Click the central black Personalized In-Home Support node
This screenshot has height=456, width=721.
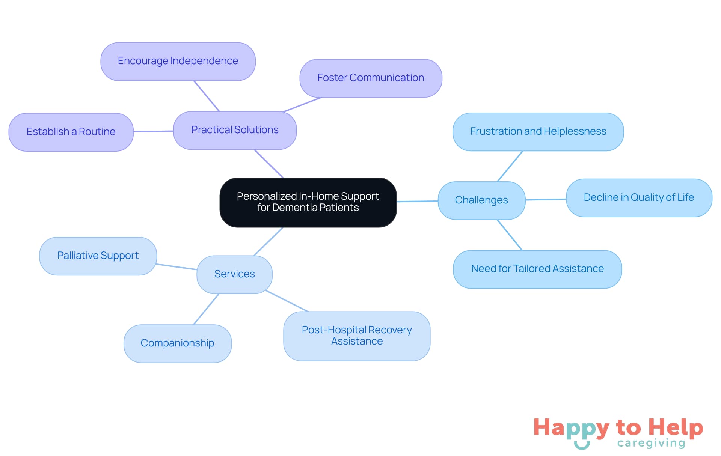308,202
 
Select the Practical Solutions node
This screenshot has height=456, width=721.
235,130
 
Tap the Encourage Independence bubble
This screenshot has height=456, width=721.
178,61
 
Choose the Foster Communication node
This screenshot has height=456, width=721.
371,78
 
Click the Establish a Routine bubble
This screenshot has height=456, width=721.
71,132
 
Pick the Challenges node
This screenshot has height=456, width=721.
481,200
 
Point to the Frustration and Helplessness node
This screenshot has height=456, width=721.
538,132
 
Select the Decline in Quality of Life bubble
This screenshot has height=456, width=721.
638,198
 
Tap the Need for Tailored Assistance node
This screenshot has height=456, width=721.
537,269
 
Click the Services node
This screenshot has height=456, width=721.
234,274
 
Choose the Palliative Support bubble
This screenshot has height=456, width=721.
98,256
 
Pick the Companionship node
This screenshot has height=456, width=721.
177,343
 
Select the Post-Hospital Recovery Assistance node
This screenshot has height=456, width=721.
356,336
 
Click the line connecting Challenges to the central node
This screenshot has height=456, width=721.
417,201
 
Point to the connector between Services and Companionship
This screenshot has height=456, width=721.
206,309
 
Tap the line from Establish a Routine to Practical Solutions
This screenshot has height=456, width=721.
153,131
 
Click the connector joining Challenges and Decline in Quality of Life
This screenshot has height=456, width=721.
546,199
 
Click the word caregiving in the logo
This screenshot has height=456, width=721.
651,443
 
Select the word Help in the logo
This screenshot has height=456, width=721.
676,427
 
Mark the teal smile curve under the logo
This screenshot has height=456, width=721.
582,446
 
